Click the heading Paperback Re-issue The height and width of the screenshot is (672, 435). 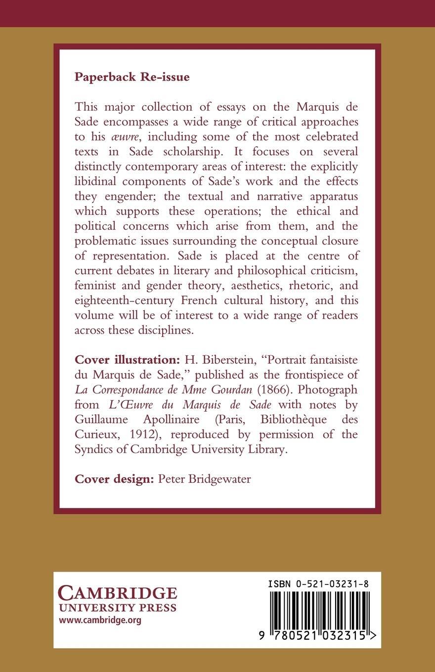pos(132,77)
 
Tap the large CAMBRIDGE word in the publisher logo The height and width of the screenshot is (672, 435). pos(117,593)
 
